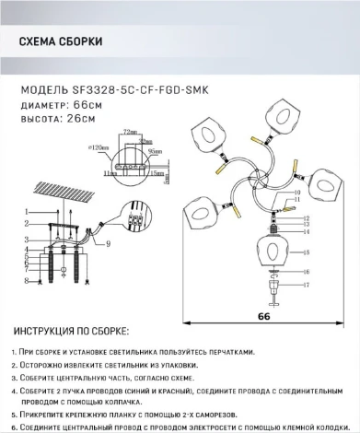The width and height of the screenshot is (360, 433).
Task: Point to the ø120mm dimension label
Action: pos(121,146)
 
